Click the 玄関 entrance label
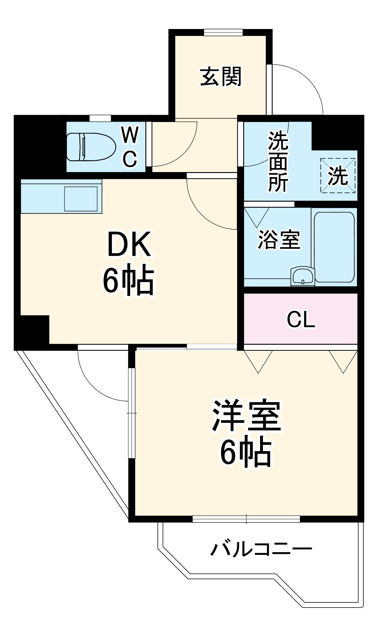[221, 76]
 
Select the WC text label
[130, 147]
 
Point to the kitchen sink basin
[81, 199]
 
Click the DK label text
[129, 245]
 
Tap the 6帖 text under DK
[128, 280]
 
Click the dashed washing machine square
[338, 176]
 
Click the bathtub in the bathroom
[334, 247]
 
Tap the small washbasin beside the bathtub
[302, 276]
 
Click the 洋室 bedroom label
[246, 416]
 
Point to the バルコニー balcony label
[261, 549]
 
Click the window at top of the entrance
[223, 32]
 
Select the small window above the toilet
[100, 118]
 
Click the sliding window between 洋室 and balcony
[246, 519]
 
